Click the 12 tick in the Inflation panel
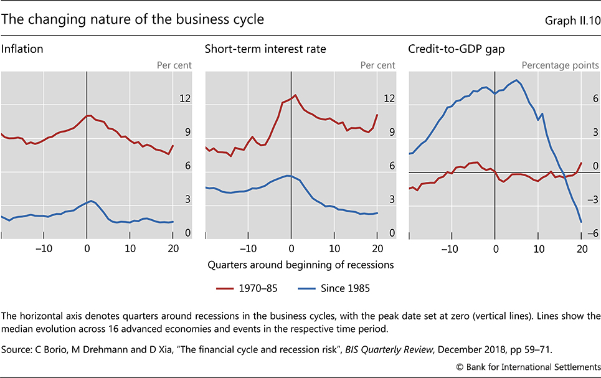tap(185, 99)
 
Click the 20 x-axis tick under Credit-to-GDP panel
tap(580, 248)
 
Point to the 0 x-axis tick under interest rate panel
tap(291, 248)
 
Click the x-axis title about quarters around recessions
tap(300, 264)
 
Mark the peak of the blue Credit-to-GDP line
tap(516, 80)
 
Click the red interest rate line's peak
tap(295, 95)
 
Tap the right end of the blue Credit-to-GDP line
tap(581, 222)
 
